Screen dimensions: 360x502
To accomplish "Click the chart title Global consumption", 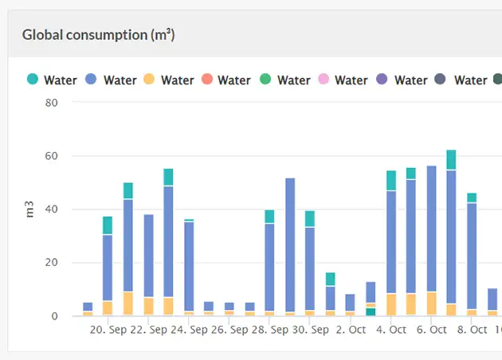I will point(98,35).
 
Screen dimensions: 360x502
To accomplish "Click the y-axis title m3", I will point(29,209).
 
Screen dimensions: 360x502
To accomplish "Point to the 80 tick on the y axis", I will point(52,103).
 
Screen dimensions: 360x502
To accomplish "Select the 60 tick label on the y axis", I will point(52,156).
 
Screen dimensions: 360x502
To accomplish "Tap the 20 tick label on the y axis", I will point(52,263).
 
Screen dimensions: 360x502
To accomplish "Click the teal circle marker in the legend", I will point(33,80).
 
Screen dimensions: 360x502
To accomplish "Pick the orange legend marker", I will point(149,80).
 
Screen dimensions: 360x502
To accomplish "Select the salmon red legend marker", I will point(206,80).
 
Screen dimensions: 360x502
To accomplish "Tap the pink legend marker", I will point(323,80).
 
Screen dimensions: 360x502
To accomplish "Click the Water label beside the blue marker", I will point(120,80).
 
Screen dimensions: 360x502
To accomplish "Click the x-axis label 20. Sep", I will point(108,329).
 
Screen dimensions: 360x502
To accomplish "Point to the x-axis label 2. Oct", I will point(351,329).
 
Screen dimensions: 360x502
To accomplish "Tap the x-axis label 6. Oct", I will point(432,329).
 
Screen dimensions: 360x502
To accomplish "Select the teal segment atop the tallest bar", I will point(451,159).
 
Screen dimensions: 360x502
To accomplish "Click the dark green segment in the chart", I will point(371,311).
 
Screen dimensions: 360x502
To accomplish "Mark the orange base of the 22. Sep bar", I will point(127,303).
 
